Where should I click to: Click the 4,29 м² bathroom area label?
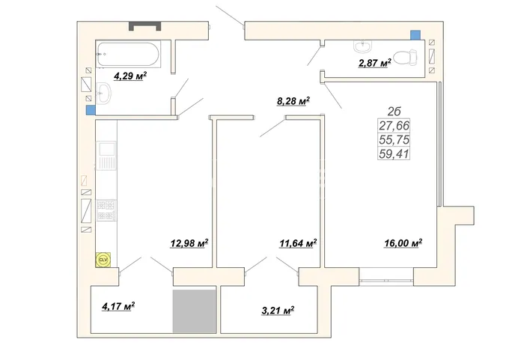point(130,76)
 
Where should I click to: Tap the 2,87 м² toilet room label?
point(375,63)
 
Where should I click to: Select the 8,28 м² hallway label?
point(293,101)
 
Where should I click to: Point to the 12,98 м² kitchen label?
point(189,243)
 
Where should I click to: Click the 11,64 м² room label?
point(298,243)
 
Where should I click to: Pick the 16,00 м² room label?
point(403,243)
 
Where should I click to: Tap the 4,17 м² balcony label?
point(118,306)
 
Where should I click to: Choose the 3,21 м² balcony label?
point(278,311)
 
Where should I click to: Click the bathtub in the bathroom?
point(128,54)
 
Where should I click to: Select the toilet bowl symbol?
point(405,58)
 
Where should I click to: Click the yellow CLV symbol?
point(103,260)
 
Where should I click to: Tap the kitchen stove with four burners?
point(106,210)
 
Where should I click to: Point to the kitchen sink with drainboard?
point(106,156)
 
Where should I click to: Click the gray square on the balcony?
point(194,311)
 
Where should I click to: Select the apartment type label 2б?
point(394,111)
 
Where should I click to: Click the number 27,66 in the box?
point(394,126)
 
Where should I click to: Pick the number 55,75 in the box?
point(394,140)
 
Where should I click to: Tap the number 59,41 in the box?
point(394,154)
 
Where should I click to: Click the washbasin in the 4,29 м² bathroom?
point(103,94)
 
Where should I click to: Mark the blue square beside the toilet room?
point(415,35)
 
